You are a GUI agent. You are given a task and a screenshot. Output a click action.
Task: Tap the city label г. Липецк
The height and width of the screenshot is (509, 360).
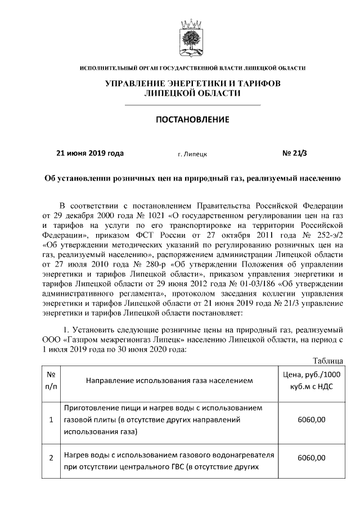(192, 153)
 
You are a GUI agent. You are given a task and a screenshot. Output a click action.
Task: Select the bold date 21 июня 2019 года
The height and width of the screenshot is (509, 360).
(91, 152)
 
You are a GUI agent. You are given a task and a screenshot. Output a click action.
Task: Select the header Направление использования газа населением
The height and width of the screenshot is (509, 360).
(169, 381)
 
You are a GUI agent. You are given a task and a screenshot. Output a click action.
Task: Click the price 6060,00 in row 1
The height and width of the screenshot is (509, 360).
(313, 420)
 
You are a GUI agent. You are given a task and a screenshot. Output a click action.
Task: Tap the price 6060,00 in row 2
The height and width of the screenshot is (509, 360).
(313, 458)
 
